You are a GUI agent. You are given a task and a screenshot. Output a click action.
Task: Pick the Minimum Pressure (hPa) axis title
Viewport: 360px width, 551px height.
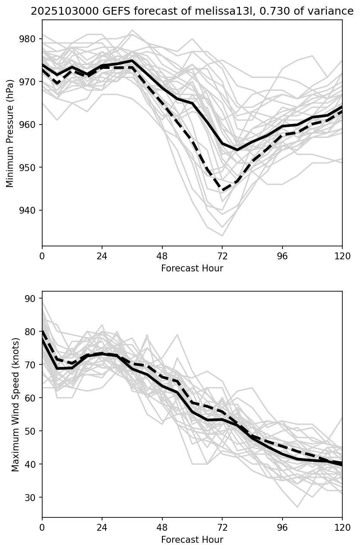pyautogui.click(x=10, y=133)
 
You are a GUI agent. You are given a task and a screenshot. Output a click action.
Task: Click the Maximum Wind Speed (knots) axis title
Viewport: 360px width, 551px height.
pyautogui.click(x=16, y=404)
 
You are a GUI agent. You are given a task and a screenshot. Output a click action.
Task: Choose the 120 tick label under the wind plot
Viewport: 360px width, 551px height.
pyautogui.click(x=342, y=527)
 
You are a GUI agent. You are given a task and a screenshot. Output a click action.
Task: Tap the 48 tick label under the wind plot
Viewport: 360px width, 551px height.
pyautogui.click(x=162, y=527)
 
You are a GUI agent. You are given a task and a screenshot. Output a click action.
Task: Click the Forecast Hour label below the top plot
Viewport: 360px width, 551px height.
pyautogui.click(x=192, y=268)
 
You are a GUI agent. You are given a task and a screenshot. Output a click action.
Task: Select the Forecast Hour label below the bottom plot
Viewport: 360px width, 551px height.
pyautogui.click(x=192, y=540)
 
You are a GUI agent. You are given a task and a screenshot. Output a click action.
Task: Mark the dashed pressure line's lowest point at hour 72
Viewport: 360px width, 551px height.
pyautogui.click(x=222, y=190)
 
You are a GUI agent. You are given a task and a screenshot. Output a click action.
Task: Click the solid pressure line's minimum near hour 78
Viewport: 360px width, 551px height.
pyautogui.click(x=237, y=150)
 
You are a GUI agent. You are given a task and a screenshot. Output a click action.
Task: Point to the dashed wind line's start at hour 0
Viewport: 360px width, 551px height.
pyautogui.click(x=43, y=331)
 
